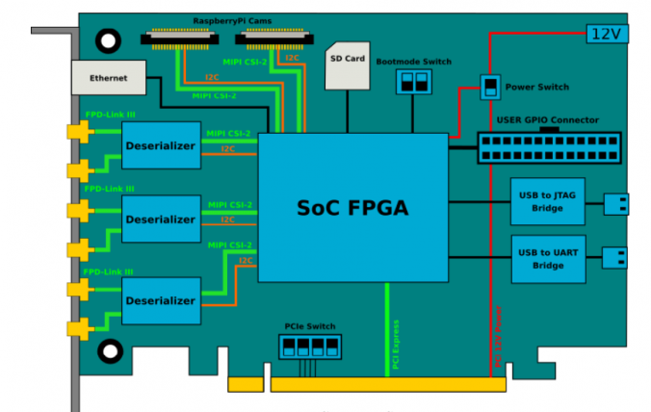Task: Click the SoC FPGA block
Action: [x=353, y=206]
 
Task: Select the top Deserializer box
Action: [x=161, y=146]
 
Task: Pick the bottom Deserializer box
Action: [x=161, y=301]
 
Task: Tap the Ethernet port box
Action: [x=107, y=77]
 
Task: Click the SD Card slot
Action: [x=347, y=66]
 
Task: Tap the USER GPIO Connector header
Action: [x=548, y=147]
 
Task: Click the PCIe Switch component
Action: [x=309, y=346]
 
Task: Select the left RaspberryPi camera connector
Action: [x=181, y=39]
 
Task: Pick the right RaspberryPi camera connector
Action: [x=274, y=39]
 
